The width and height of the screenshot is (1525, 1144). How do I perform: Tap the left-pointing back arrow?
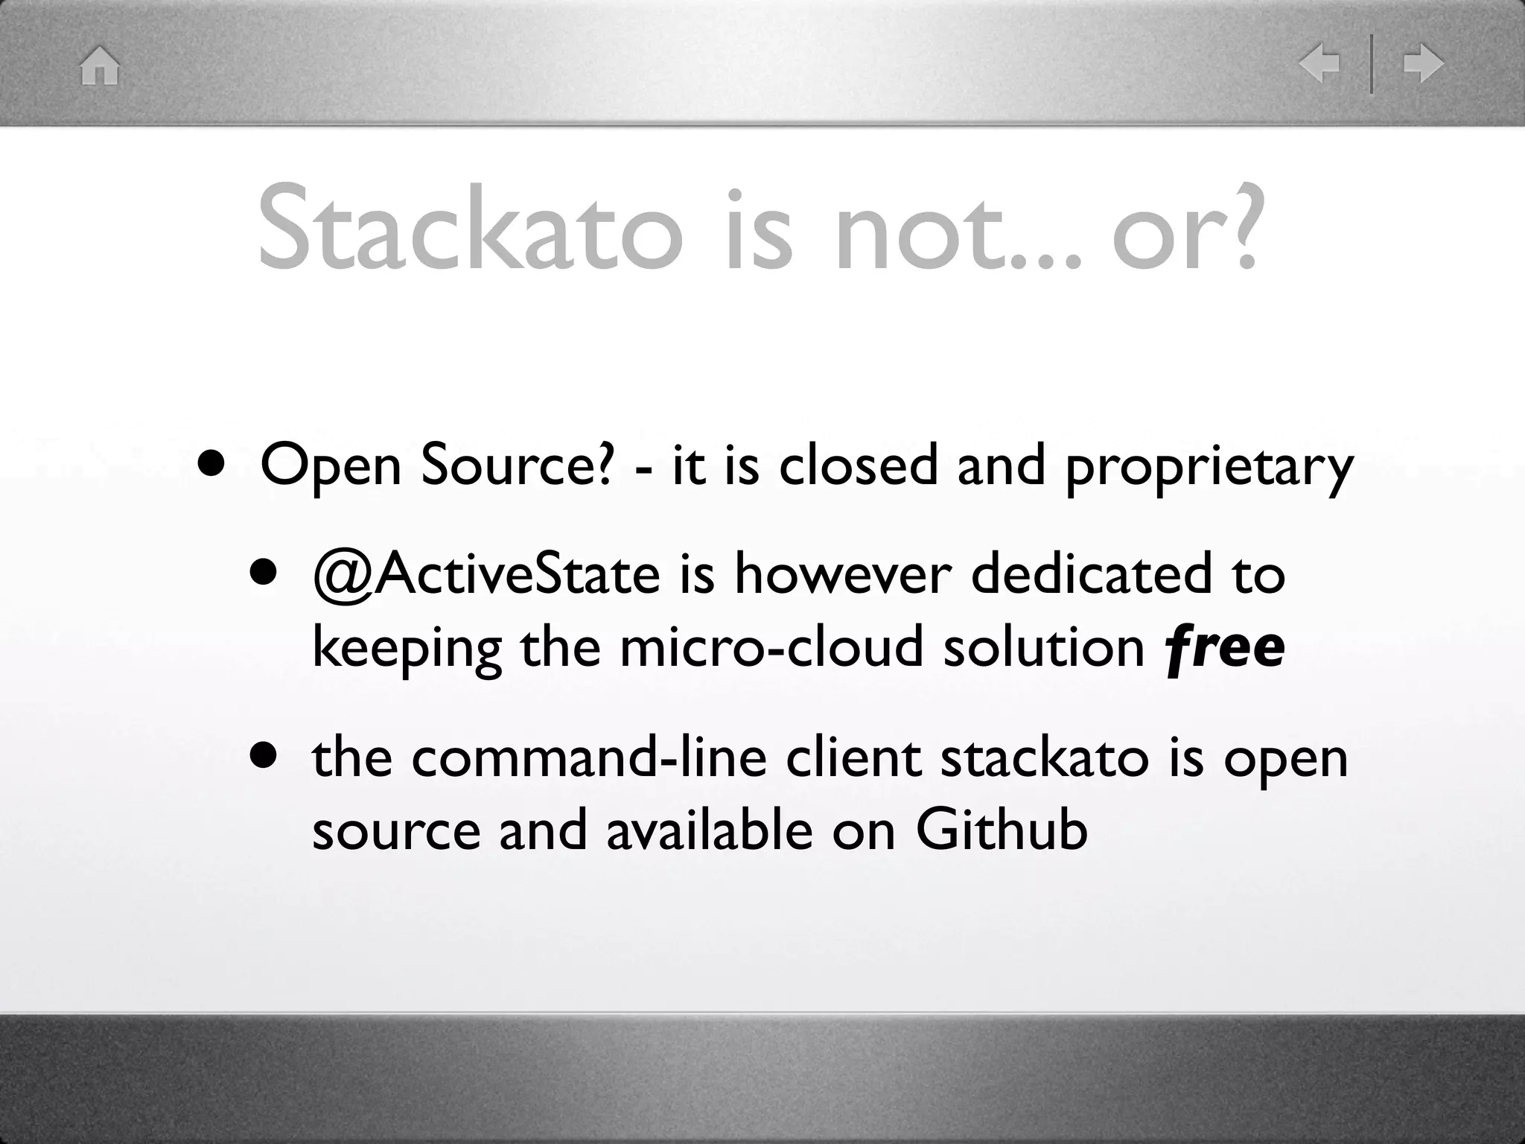click(x=1319, y=64)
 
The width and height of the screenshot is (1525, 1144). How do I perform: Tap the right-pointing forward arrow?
click(x=1423, y=64)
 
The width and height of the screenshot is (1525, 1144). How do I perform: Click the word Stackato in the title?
click(x=469, y=229)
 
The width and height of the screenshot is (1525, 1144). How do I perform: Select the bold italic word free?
click(x=1224, y=647)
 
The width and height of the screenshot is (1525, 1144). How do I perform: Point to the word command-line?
click(x=588, y=758)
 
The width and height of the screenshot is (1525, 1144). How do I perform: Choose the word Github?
click(x=1001, y=830)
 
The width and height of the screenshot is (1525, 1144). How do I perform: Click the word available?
click(x=709, y=830)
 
